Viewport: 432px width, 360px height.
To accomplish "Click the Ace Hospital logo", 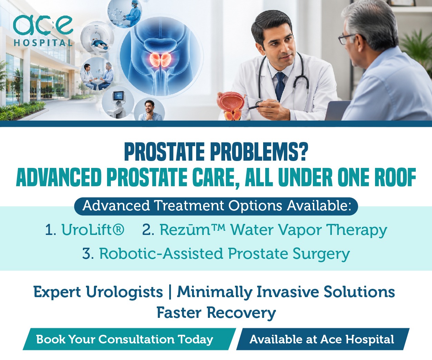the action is (43, 31).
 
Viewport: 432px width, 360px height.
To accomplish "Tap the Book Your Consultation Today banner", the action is (129, 339).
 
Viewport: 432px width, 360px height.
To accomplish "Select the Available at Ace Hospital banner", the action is (323, 339).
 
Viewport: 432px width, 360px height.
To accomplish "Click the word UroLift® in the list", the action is (93, 230).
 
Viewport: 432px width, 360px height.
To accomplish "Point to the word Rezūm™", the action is (192, 230).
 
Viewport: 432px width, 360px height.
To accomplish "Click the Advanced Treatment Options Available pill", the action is (216, 206).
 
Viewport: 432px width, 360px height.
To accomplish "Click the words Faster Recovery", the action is (216, 313).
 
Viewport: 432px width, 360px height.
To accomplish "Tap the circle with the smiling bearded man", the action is (150, 110).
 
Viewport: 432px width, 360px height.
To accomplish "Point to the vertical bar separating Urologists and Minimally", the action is (170, 292).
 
